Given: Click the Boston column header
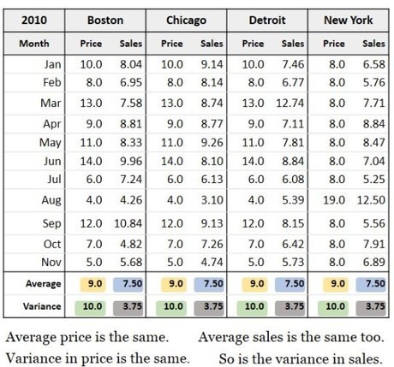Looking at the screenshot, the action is pos(105,21).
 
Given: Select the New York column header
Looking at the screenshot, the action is pos(349,21).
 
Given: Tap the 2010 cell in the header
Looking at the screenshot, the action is pos(34,21).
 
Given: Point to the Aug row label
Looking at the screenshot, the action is pos(51,200).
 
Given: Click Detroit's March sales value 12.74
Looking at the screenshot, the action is pos(290,103).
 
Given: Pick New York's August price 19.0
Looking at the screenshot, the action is pos(334,200).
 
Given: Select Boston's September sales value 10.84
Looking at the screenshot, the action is pos(128,223).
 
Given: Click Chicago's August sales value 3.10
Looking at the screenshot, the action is pos(212,200).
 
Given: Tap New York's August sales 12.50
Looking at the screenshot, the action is pos(371,200).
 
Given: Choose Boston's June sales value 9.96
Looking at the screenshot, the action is pos(131,161).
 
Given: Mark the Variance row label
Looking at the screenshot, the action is pos(42,306).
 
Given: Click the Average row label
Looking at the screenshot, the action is pos(44,284).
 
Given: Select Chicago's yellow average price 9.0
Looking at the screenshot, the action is pos(176,284).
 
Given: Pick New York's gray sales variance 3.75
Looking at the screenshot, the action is pos(371,307).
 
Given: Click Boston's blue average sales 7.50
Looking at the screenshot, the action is pos(128,284).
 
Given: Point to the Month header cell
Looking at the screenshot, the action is pos(34,44).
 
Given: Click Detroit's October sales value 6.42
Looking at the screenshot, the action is pos(293,244).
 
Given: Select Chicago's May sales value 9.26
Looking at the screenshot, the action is pos(212,143).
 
